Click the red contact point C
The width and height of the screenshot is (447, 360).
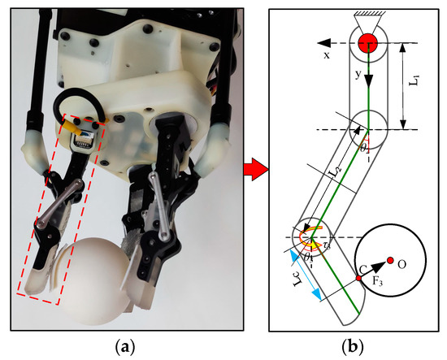click(x=358, y=280)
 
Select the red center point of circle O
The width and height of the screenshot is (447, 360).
click(x=390, y=260)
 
